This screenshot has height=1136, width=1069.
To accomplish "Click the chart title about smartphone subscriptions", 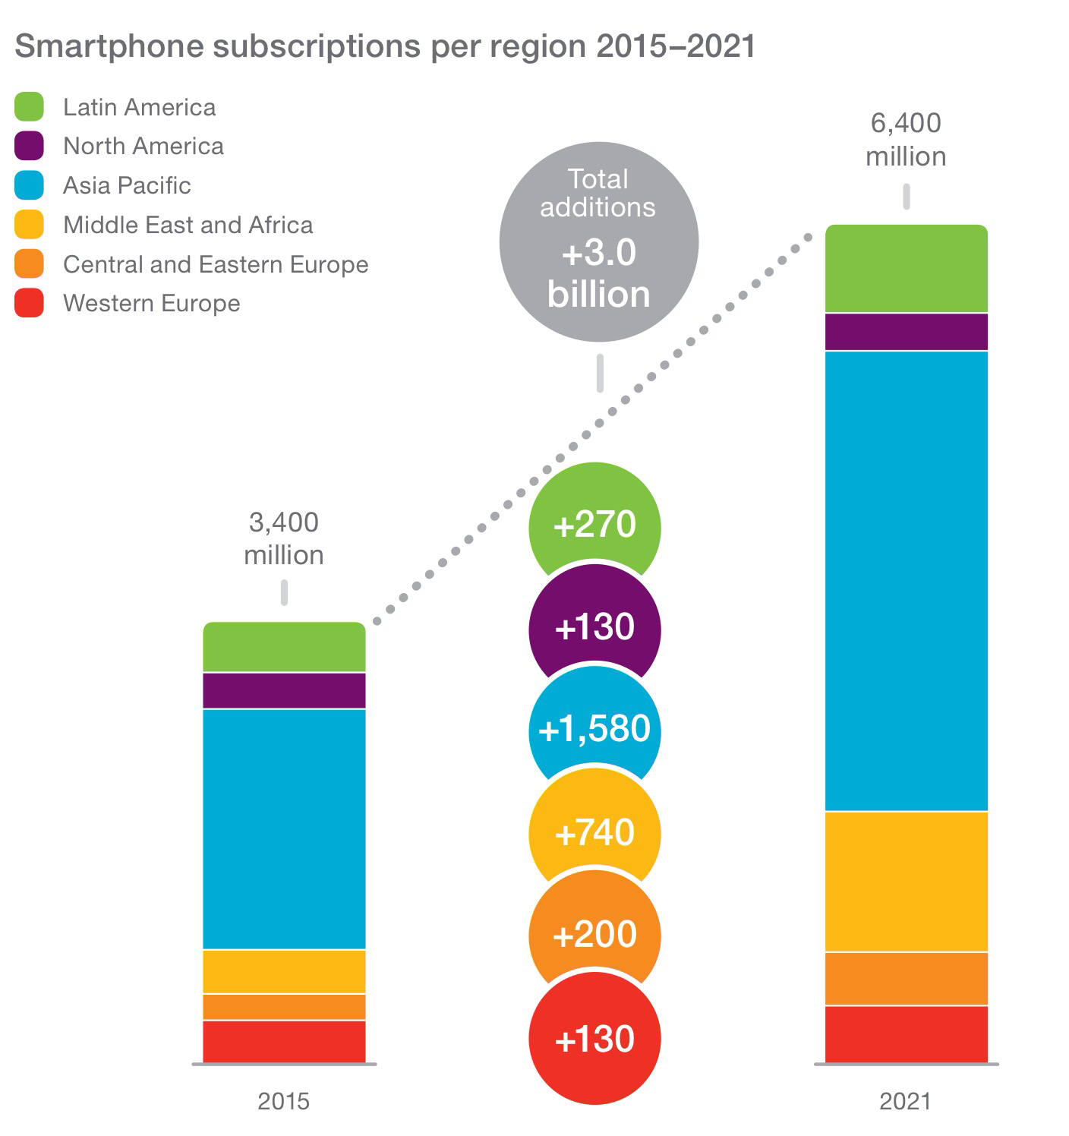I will tap(385, 46).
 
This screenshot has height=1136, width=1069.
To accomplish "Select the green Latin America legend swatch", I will tap(29, 107).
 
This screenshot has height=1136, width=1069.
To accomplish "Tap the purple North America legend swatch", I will tap(29, 146).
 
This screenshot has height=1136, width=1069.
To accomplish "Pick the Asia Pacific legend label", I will tap(127, 186).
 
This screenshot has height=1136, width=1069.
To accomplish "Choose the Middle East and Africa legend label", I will tap(188, 226).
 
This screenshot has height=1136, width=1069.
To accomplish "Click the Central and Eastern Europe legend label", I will tap(216, 264).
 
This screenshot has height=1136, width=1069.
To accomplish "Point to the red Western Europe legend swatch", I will tap(29, 303).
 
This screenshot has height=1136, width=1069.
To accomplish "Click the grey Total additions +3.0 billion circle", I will tap(598, 241).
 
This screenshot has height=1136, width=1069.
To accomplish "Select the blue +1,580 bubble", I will tap(594, 729).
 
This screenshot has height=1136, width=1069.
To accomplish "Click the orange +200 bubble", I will tap(594, 934).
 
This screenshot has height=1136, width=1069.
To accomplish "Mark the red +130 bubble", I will tap(594, 1039).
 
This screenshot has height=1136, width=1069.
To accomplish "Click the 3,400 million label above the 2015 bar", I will tap(284, 538).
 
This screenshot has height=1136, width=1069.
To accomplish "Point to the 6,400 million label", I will tap(906, 140).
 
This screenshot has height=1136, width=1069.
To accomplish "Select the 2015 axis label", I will tap(284, 1101).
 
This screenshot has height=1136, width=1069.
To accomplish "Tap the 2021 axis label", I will tap(905, 1101).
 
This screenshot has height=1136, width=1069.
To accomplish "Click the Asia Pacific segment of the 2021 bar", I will tap(906, 581).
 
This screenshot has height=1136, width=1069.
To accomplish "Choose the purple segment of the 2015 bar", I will tap(284, 690).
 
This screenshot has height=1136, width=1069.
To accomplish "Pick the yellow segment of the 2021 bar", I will tap(906, 881).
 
